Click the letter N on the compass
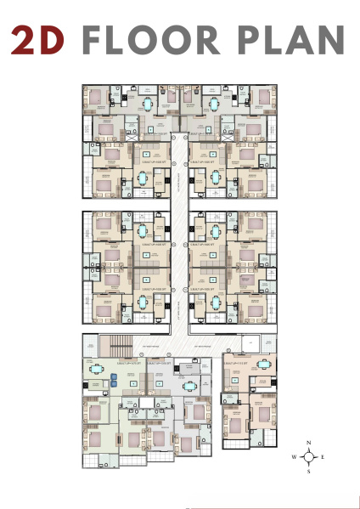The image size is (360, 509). [309, 444]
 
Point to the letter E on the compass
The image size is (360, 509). [323, 457]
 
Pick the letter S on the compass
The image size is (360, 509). [309, 472]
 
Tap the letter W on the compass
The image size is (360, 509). [295, 457]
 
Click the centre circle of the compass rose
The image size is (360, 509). [309, 457]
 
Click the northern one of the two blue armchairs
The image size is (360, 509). [115, 376]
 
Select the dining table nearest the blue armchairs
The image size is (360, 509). [97, 370]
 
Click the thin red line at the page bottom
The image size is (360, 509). [272, 507]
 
